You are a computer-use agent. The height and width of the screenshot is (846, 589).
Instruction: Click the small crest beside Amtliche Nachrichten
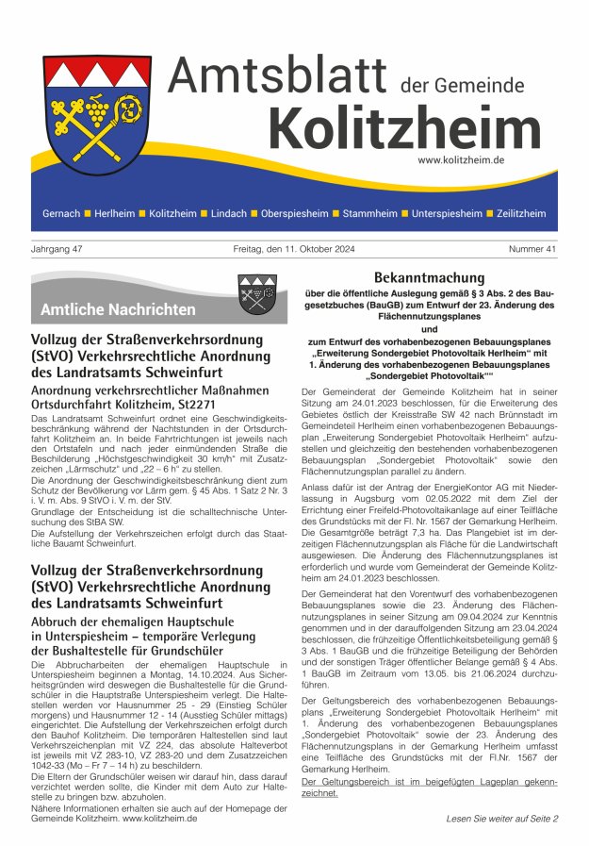(256, 293)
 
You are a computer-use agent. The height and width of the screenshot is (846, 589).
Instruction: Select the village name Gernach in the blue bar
(61, 214)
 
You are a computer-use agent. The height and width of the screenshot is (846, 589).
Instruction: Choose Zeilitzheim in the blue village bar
(520, 214)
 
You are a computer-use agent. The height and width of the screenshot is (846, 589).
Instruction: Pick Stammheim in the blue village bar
(369, 214)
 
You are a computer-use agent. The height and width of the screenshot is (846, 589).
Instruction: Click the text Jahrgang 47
(57, 249)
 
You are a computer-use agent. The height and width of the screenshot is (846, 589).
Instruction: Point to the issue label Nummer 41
(532, 249)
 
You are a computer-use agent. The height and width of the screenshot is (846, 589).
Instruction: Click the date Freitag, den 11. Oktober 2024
(294, 249)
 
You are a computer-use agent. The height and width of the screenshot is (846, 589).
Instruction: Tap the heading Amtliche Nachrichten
(118, 309)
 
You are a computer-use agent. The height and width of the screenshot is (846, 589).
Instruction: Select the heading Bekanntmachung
(428, 278)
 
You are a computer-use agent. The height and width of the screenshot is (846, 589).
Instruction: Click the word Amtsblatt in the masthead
(279, 77)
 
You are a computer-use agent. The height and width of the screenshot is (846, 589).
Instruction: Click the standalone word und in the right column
(428, 329)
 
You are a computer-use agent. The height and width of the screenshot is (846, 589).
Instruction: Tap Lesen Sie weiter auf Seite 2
(501, 819)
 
